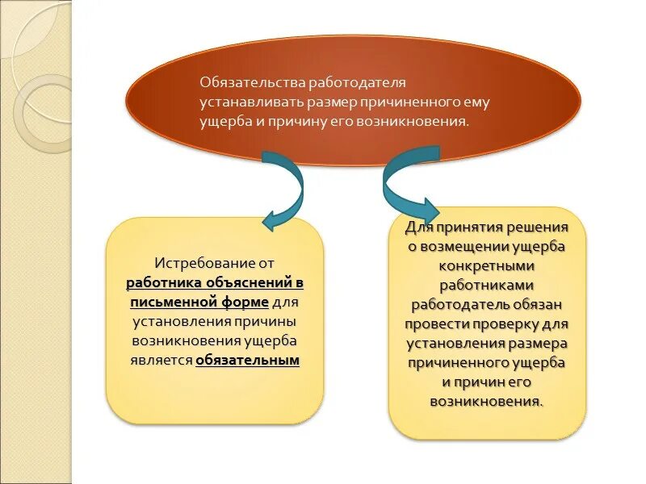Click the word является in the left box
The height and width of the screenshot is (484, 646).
161,361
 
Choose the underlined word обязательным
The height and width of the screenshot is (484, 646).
247,361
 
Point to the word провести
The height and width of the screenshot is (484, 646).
437,324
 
